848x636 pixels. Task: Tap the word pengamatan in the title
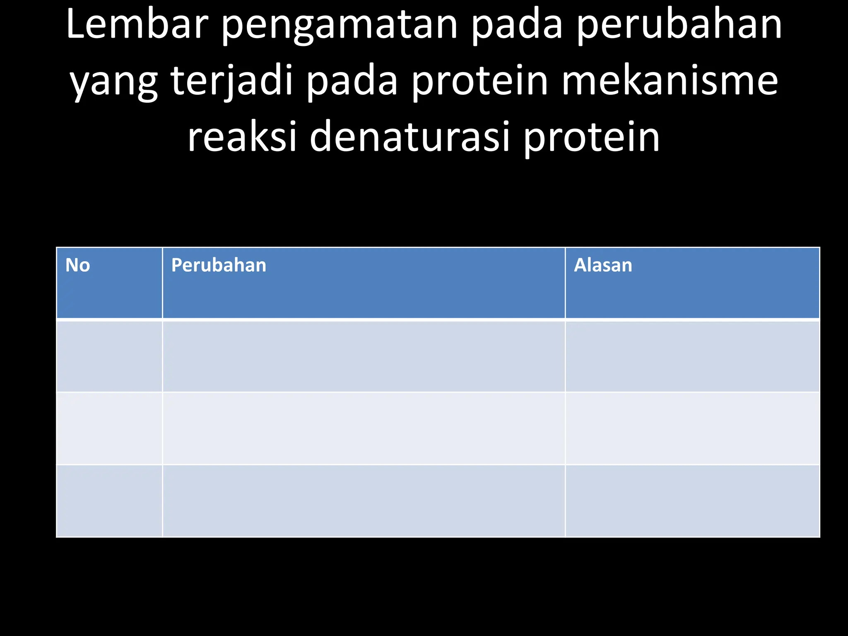[339, 26]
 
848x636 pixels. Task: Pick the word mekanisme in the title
[669, 80]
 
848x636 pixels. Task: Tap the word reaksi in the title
[242, 137]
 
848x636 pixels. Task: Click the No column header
[78, 265]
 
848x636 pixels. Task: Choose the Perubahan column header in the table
[219, 265]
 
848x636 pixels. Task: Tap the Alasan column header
[603, 265]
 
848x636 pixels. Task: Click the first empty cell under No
[109, 356]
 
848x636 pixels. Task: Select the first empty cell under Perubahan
[364, 356]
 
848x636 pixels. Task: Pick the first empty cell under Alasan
[692, 356]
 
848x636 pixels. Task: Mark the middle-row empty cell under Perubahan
[364, 428]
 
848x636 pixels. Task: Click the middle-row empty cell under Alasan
[692, 428]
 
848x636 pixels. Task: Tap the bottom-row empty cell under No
[109, 501]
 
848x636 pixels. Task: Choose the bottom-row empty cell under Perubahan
[364, 501]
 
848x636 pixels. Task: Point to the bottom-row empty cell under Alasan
[692, 501]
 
